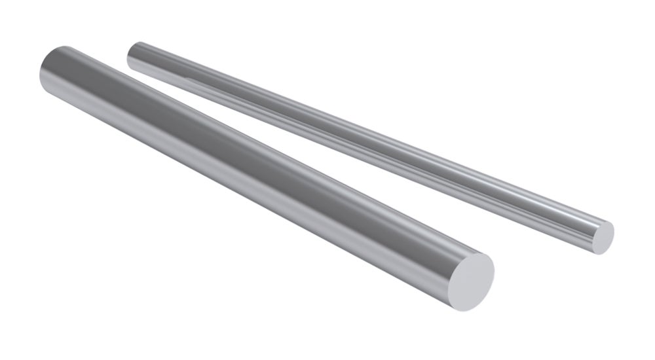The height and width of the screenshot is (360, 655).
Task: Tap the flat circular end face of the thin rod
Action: (x=603, y=236)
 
